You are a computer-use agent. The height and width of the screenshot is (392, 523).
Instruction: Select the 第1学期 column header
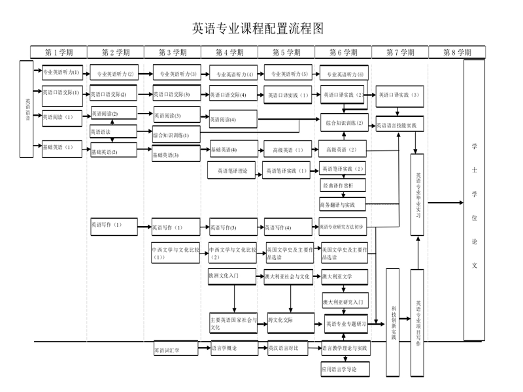(59, 52)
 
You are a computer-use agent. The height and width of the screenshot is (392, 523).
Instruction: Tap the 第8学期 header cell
(457, 52)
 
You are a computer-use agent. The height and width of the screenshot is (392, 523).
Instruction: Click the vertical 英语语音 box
(27, 109)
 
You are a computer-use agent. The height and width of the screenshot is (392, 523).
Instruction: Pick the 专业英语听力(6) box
(345, 74)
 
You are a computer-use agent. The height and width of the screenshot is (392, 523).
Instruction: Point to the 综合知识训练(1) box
(177, 135)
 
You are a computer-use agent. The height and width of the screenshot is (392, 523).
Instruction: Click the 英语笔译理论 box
(233, 171)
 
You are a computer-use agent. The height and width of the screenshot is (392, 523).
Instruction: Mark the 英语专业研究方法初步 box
(346, 227)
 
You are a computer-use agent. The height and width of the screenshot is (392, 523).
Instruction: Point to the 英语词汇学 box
(177, 350)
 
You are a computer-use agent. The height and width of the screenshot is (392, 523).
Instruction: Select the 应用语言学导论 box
(344, 369)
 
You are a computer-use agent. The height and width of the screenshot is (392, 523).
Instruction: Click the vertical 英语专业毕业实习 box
(417, 195)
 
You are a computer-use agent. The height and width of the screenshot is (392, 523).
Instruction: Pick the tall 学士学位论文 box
(474, 200)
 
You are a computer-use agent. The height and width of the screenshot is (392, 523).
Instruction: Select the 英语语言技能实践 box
(399, 125)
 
